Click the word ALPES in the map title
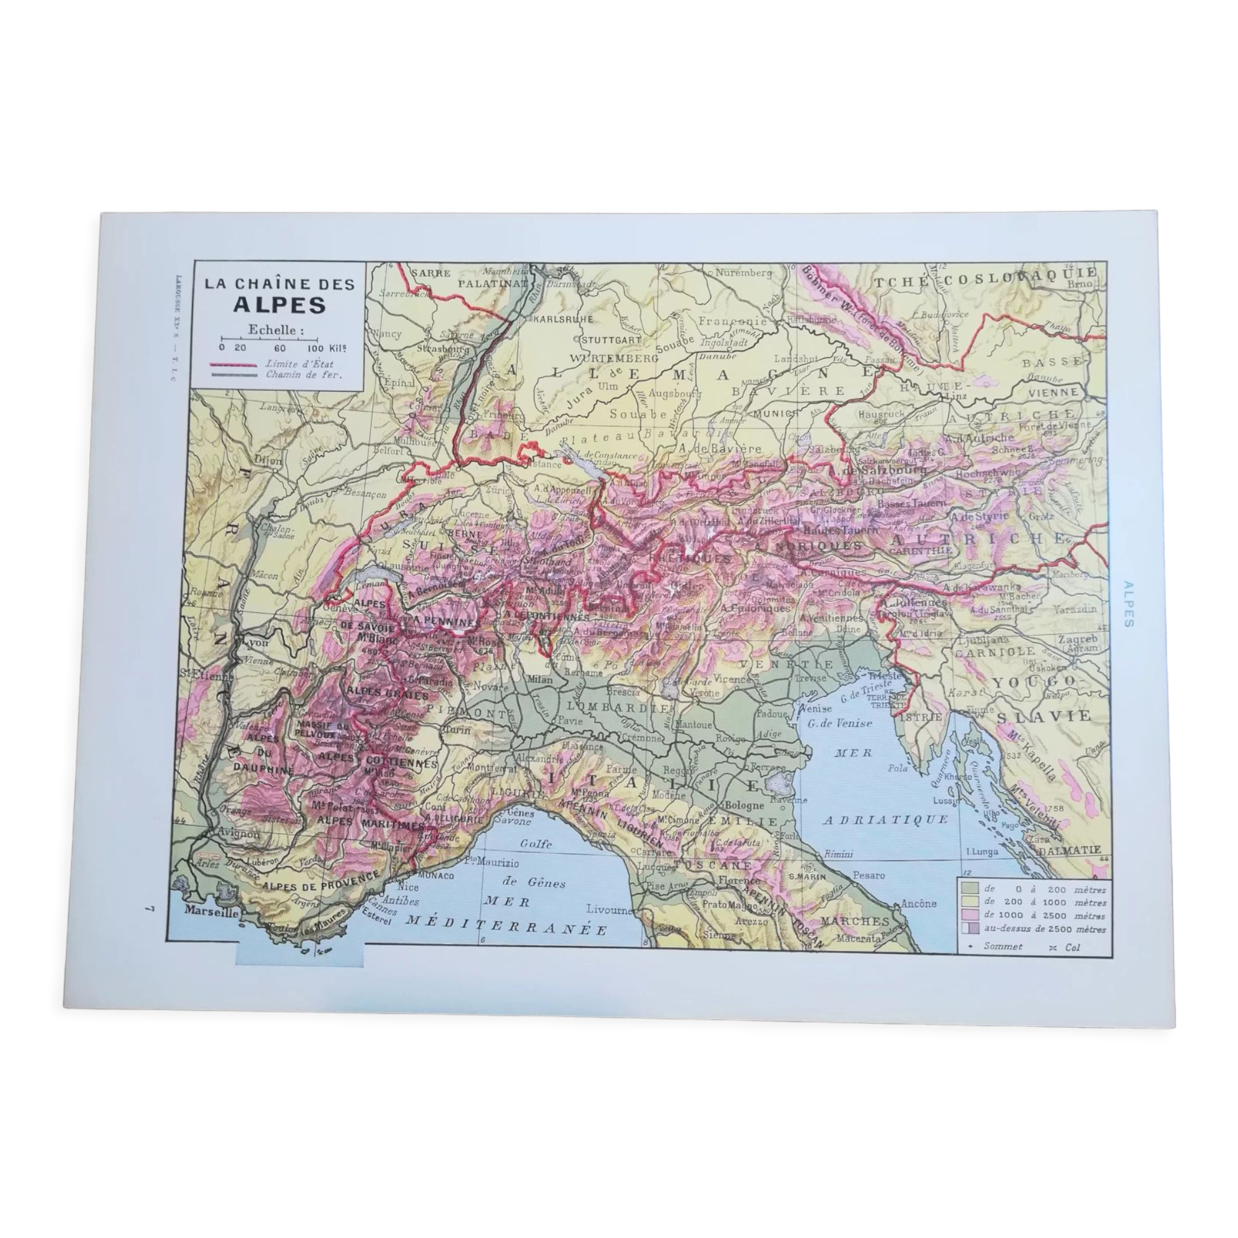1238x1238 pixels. [x=279, y=305]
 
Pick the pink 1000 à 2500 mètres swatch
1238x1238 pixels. [x=971, y=916]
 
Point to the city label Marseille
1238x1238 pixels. [x=212, y=911]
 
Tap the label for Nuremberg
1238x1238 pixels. [x=744, y=272]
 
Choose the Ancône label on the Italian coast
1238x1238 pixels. [x=918, y=904]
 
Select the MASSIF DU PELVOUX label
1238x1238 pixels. [x=324, y=730]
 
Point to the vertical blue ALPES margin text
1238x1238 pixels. [x=1128, y=604]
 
